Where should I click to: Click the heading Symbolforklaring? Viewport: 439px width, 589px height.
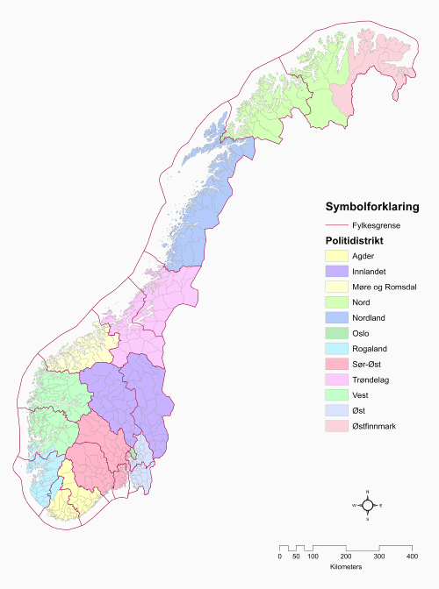371,208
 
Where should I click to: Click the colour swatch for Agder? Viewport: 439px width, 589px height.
336,255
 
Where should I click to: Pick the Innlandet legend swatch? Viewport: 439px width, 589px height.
336,273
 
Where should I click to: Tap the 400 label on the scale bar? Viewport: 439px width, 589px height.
412,557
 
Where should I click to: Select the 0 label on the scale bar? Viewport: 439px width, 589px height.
280,557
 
